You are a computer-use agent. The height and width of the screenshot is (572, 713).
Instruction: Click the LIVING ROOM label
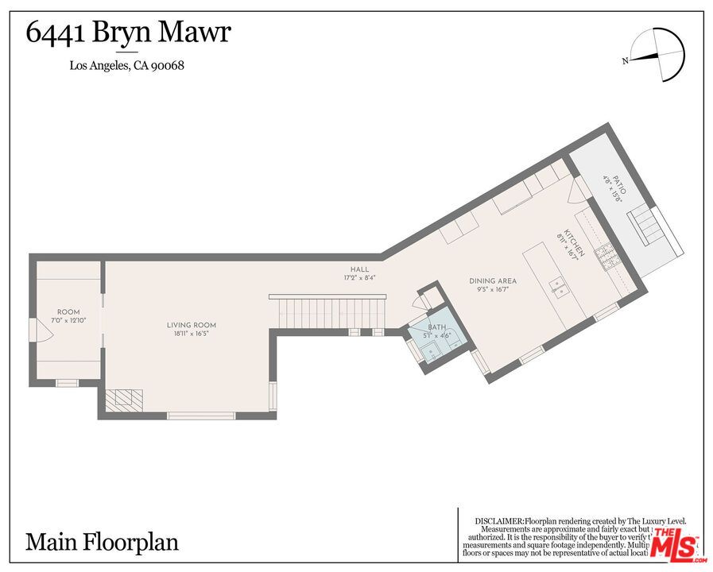[191, 325]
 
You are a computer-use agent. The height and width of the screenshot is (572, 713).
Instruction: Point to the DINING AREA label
[493, 281]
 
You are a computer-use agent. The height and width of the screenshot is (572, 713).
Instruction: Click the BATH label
[436, 327]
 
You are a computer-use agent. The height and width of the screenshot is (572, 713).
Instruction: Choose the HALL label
[359, 269]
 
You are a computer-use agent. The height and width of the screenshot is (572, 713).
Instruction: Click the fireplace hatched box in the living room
[122, 399]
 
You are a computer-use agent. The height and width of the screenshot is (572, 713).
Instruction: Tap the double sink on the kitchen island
[560, 286]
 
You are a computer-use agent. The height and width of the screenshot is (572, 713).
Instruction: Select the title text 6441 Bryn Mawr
[129, 33]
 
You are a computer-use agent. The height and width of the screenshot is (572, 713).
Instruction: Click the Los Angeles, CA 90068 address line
[127, 66]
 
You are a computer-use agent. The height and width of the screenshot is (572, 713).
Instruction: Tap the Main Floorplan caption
[103, 543]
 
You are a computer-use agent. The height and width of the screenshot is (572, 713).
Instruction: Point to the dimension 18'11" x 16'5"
[191, 334]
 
